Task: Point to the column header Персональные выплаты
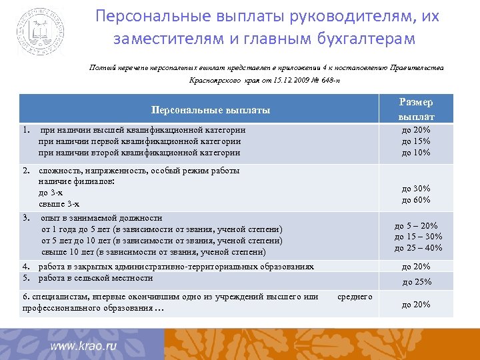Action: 211,109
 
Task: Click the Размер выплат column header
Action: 417,109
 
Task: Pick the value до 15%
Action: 416,141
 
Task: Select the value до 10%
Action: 416,153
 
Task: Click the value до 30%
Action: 416,189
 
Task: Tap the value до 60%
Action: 416,200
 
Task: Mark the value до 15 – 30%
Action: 418,237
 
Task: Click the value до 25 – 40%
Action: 418,248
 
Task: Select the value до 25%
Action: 416,281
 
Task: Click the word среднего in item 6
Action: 355,296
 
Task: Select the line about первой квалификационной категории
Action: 139,141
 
